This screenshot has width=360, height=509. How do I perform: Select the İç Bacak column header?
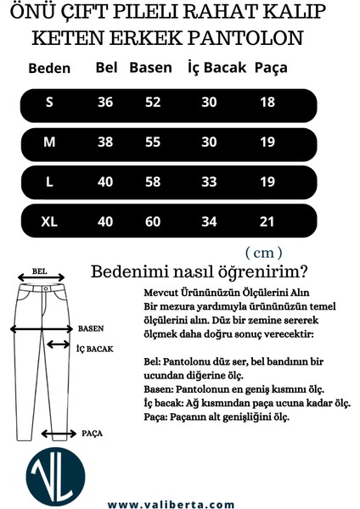[217, 68]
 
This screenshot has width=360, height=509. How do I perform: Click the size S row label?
[49, 103]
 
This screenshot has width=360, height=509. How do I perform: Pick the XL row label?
[49, 221]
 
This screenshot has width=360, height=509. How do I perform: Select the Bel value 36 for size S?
[105, 103]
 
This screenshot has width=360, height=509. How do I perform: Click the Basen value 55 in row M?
[153, 143]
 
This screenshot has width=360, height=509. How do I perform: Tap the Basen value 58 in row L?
[153, 182]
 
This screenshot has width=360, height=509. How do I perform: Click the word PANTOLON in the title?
[256, 40]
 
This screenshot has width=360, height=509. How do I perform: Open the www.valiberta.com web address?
[172, 504]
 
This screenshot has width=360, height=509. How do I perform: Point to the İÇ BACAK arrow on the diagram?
[59, 344]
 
